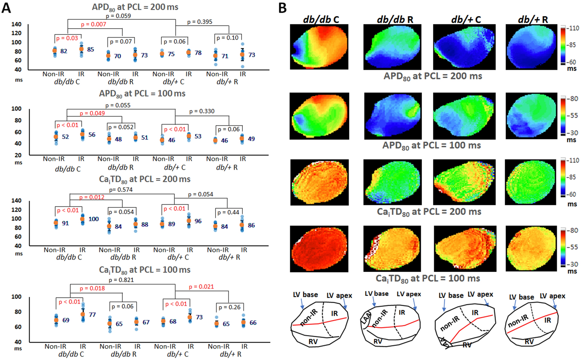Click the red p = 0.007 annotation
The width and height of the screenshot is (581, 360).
[x=94, y=24]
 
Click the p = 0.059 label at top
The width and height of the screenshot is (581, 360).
[x=118, y=16]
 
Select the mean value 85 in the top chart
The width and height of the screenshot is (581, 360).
[x=90, y=49]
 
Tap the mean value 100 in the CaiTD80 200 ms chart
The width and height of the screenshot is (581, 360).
[x=94, y=219]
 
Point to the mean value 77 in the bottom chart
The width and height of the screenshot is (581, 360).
[x=92, y=314]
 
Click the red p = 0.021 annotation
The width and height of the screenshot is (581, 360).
[x=201, y=286]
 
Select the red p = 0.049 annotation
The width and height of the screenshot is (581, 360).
[x=92, y=113]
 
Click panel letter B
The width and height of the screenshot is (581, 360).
[x=282, y=8]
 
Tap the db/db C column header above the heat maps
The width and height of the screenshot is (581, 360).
[x=321, y=19]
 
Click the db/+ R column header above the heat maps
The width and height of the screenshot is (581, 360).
[x=533, y=19]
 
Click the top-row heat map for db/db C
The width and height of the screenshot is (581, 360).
[x=319, y=47]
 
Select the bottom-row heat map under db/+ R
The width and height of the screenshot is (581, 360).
[x=531, y=248]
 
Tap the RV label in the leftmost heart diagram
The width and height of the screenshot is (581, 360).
[x=313, y=342]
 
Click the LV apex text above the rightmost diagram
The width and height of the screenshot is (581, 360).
[x=552, y=296]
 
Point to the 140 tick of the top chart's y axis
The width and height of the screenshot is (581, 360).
[x=16, y=24]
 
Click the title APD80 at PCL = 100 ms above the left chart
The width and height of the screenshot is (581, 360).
[x=142, y=94]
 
